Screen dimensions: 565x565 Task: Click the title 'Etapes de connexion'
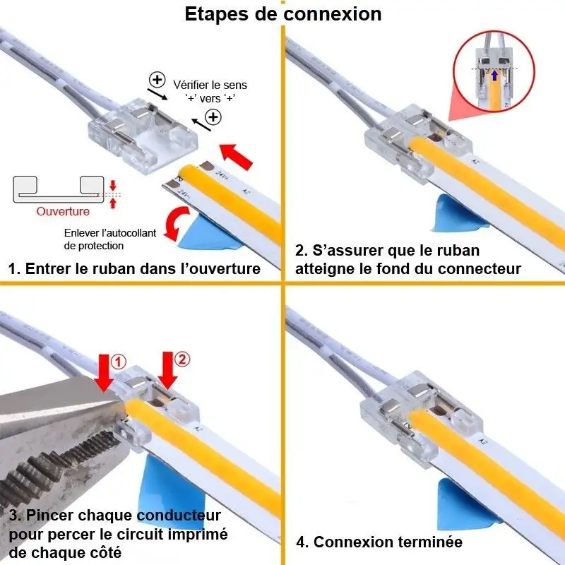click(282, 14)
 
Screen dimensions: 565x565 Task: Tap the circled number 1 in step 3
click(119, 362)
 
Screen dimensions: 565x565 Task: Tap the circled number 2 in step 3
click(182, 360)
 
